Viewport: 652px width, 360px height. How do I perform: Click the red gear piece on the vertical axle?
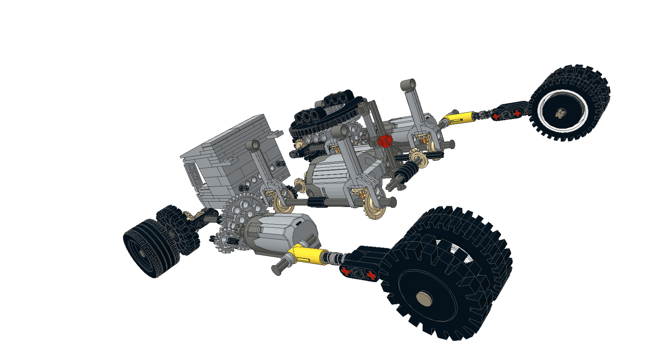pyautogui.click(x=384, y=140)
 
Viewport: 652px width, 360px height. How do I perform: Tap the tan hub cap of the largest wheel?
pyautogui.click(x=424, y=299)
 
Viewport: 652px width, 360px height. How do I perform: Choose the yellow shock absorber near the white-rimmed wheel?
pyautogui.click(x=459, y=117)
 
